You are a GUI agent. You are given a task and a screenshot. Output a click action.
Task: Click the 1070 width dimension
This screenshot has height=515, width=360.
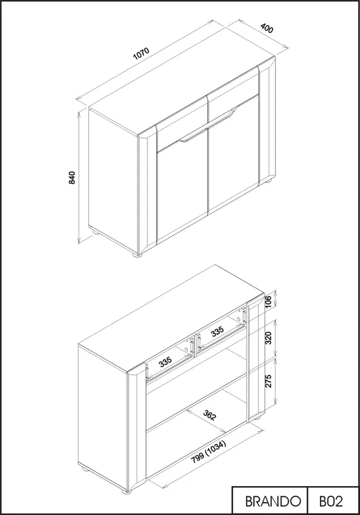[x=141, y=53]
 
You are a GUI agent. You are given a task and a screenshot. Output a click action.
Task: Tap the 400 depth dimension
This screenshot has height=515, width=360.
[x=267, y=28]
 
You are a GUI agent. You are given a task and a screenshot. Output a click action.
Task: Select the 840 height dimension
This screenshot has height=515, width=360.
[x=72, y=178]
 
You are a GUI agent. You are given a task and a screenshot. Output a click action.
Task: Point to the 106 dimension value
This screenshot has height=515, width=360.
[x=268, y=302]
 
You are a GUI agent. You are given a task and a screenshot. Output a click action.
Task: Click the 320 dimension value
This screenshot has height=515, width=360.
[x=268, y=338]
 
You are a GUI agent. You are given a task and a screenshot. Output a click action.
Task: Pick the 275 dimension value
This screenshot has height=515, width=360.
[x=268, y=380]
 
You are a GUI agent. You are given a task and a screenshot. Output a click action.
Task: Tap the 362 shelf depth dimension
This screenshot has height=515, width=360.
[x=209, y=415]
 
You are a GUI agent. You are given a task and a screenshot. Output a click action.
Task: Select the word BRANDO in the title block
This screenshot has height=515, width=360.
[x=273, y=501]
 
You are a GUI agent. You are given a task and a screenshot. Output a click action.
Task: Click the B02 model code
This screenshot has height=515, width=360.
[x=331, y=501]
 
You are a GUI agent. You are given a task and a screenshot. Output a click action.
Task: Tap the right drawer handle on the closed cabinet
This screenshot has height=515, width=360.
[x=223, y=117]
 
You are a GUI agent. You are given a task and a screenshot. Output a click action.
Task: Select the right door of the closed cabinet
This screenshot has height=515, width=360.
[x=233, y=153]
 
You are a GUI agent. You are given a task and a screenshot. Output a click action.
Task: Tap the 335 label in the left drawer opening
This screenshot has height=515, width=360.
[x=166, y=362]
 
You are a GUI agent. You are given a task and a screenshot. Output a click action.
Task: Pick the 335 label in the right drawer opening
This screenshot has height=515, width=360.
[x=218, y=331]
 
